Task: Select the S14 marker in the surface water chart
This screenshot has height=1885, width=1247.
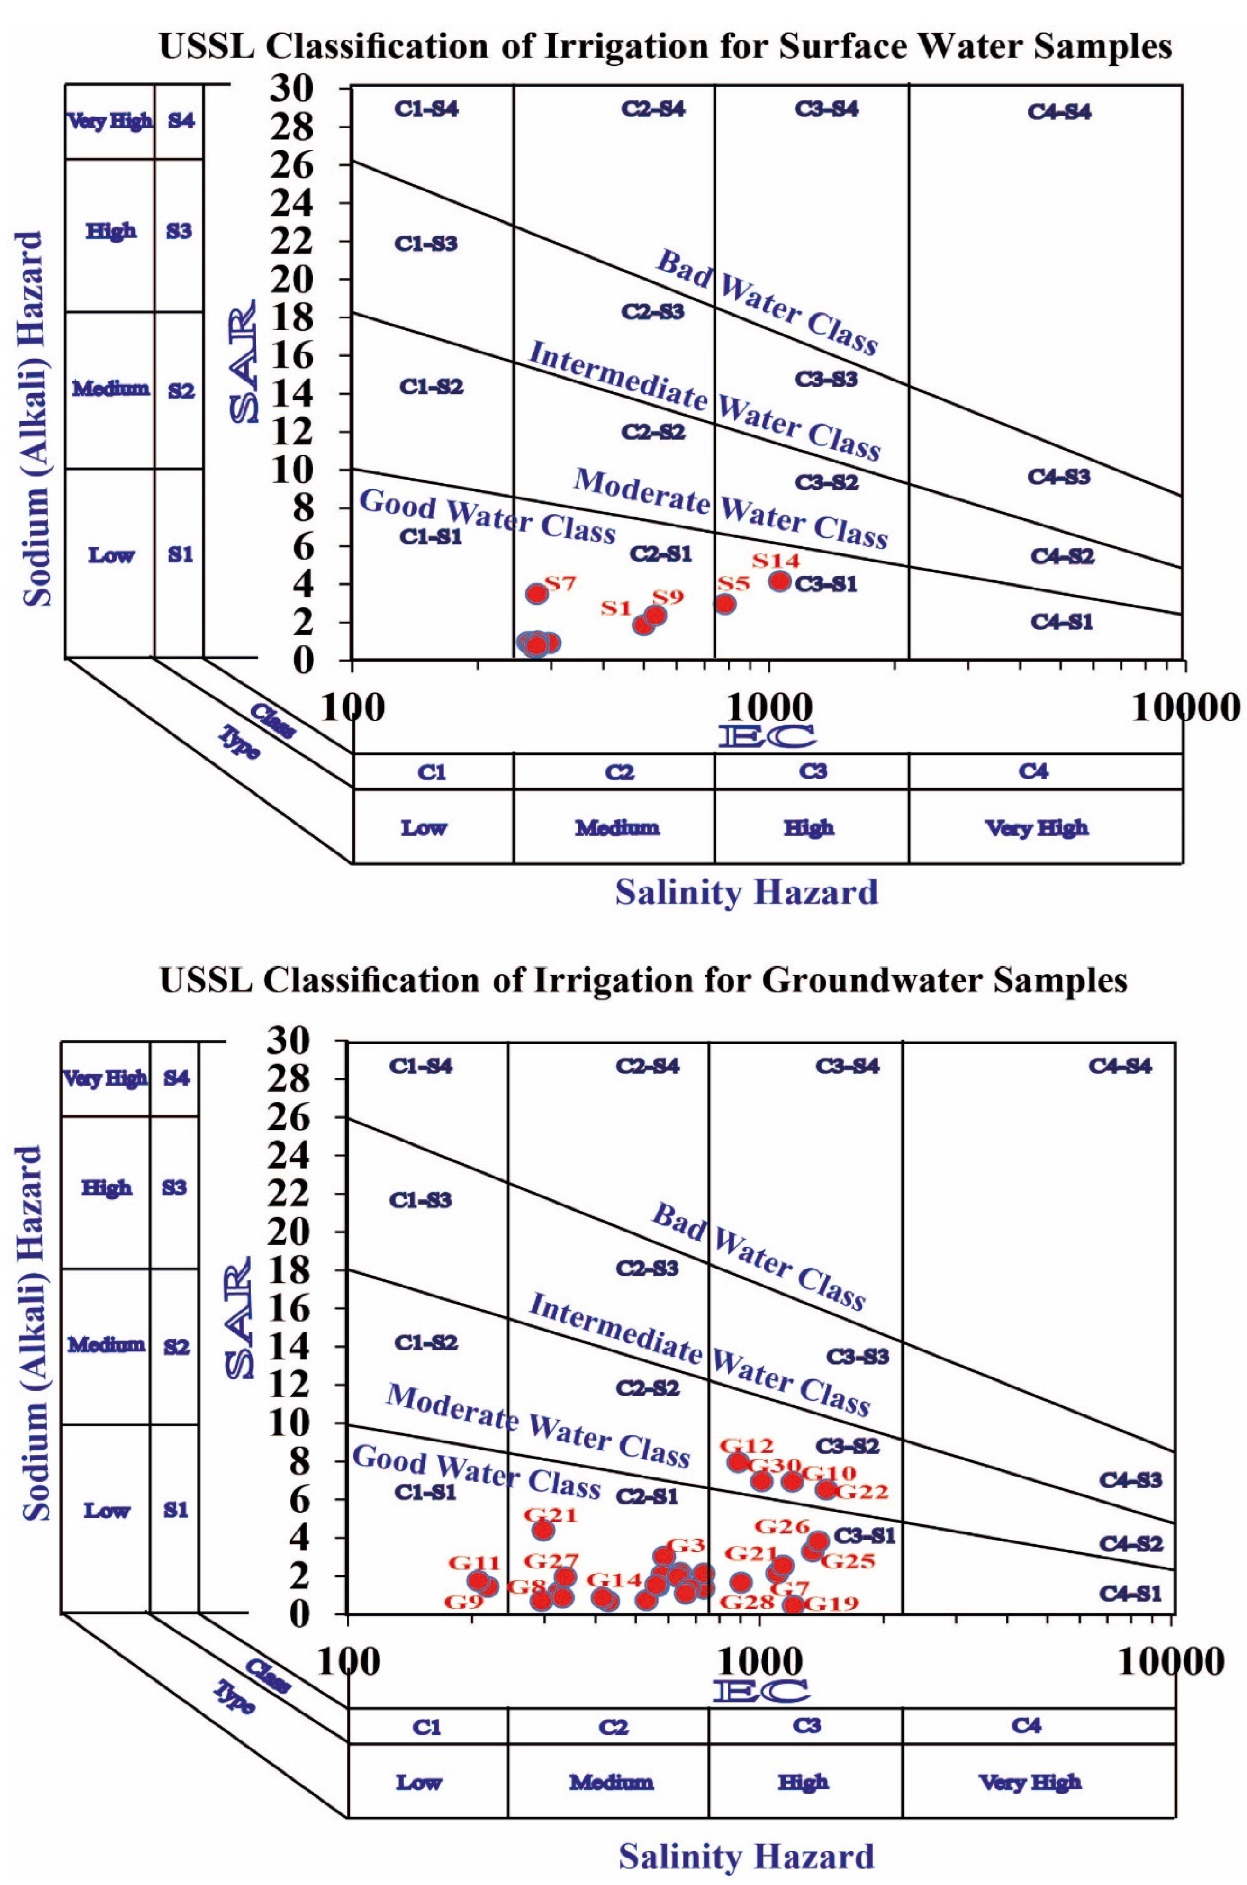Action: click(x=779, y=580)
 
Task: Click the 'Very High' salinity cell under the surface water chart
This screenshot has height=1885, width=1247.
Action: click(x=1037, y=828)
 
